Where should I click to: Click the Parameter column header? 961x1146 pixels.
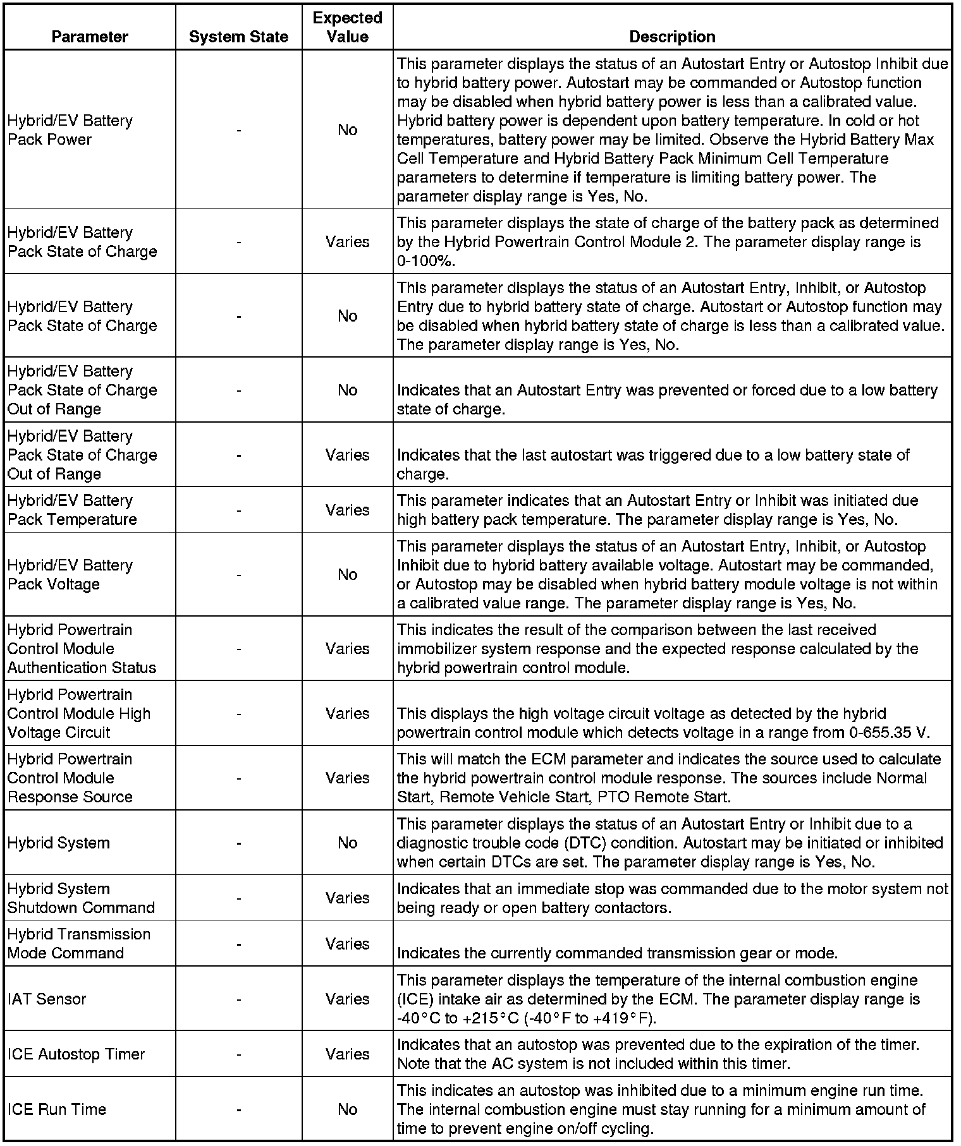click(x=90, y=37)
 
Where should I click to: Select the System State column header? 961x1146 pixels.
click(x=238, y=37)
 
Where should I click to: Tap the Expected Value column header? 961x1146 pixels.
click(x=347, y=27)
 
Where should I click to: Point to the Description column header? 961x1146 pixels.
click(x=672, y=37)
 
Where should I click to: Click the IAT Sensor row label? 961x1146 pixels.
click(x=47, y=999)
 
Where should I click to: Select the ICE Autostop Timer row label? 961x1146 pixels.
click(x=76, y=1054)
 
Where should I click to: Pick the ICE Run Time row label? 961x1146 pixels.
click(x=57, y=1109)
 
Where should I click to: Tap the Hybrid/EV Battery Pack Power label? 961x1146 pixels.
click(x=70, y=130)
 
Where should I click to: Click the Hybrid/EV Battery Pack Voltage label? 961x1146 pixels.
click(x=70, y=574)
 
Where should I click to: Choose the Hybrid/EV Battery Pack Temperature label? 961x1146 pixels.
click(x=72, y=510)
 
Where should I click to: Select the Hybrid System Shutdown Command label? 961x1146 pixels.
click(x=81, y=898)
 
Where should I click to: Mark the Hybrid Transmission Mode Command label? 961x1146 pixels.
click(x=79, y=943)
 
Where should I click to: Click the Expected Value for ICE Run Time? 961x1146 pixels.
click(x=347, y=1109)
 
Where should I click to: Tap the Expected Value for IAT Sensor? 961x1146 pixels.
click(x=347, y=999)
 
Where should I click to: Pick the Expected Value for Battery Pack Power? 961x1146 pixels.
click(x=347, y=130)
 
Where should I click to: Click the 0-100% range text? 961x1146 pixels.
click(x=426, y=261)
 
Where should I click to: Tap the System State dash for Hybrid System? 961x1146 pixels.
click(x=238, y=843)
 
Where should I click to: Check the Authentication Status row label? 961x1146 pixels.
click(x=82, y=667)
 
